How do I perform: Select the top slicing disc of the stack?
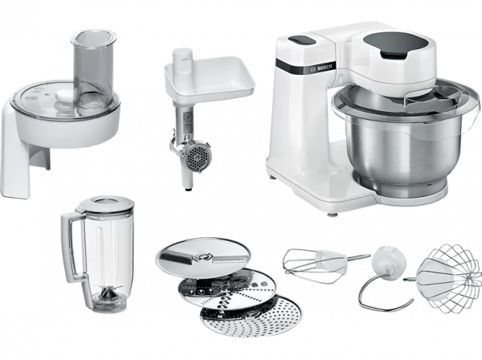[x=203, y=256]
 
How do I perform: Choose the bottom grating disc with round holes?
[x=251, y=315]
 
